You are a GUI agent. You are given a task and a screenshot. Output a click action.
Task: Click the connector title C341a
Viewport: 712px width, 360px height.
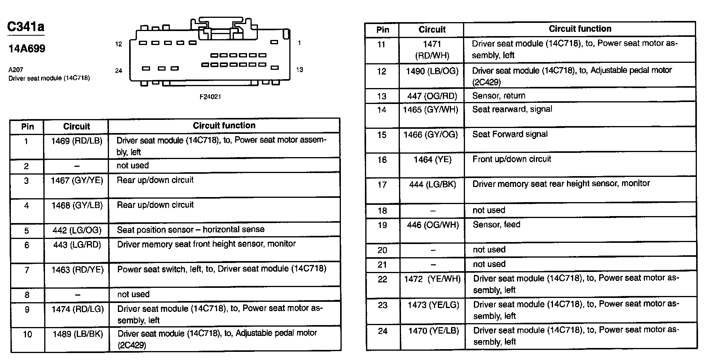pyautogui.click(x=26, y=27)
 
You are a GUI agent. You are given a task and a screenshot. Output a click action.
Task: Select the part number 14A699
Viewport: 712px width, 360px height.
pyautogui.click(x=27, y=48)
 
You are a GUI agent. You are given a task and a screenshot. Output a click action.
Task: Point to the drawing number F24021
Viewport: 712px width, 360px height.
pyautogui.click(x=210, y=97)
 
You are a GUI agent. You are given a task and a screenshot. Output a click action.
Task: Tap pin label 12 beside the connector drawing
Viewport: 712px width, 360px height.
pyautogui.click(x=119, y=44)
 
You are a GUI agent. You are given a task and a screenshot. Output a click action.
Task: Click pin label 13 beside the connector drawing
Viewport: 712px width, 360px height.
pyautogui.click(x=299, y=70)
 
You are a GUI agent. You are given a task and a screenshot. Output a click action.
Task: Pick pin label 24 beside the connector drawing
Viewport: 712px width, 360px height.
pyautogui.click(x=119, y=71)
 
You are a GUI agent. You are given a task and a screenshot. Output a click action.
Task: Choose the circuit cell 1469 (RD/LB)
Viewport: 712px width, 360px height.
pyautogui.click(x=77, y=141)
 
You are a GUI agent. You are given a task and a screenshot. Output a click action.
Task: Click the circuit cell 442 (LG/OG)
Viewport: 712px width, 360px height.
pyautogui.click(x=77, y=230)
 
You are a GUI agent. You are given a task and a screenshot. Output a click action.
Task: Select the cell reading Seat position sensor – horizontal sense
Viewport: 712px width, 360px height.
pyautogui.click(x=191, y=229)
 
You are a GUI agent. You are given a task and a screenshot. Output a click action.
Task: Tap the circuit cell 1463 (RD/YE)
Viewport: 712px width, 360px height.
pyautogui.click(x=78, y=270)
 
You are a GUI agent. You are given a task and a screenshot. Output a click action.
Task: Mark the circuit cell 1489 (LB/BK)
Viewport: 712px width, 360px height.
pyautogui.click(x=78, y=334)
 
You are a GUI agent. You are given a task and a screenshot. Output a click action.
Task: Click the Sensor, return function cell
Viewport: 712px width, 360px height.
pyautogui.click(x=499, y=95)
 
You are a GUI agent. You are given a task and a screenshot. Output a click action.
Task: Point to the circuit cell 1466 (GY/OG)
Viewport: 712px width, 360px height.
pyautogui.click(x=431, y=135)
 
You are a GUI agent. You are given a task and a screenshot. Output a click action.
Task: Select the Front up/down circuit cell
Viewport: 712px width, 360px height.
pyautogui.click(x=512, y=159)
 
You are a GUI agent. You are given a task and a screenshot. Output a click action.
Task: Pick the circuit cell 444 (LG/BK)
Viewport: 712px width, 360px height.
pyautogui.click(x=432, y=185)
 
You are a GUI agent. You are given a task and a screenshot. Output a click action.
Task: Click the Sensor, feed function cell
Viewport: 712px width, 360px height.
pyautogui.click(x=496, y=225)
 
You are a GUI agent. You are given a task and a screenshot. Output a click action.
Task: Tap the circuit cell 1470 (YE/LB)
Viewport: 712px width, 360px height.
pyautogui.click(x=434, y=331)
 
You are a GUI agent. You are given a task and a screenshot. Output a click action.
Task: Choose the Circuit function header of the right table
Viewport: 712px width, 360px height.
pyautogui.click(x=580, y=29)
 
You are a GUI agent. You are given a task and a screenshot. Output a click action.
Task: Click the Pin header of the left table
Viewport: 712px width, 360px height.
pyautogui.click(x=28, y=126)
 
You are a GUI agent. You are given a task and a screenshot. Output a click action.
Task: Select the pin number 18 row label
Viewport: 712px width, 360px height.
pyautogui.click(x=382, y=211)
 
